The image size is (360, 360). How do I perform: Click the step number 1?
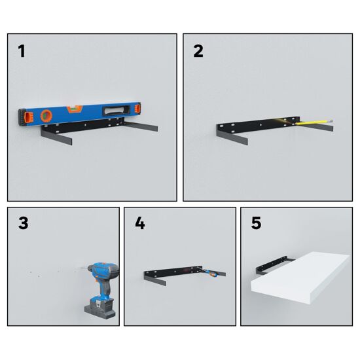pyautogui.click(x=22, y=51)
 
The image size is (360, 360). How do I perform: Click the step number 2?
pyautogui.click(x=198, y=51)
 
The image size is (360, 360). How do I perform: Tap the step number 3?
pyautogui.click(x=23, y=223)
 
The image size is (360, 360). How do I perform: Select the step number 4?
pyautogui.click(x=140, y=223)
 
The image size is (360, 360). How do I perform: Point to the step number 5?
pyautogui.click(x=256, y=223)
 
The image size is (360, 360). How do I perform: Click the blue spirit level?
pyautogui.click(x=79, y=113)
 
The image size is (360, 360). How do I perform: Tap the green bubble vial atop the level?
pyautogui.click(x=74, y=109)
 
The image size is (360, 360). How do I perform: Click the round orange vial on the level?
pyautogui.click(x=46, y=116)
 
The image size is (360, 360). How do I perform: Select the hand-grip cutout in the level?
pyautogui.click(x=117, y=110)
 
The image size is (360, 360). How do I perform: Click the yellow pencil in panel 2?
pyautogui.click(x=314, y=122)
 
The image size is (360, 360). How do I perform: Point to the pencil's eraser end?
pyautogui.click(x=331, y=120)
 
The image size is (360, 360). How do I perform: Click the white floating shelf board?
pyautogui.click(x=300, y=278)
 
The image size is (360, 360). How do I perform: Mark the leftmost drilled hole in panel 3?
pyautogui.click(x=31, y=272)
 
